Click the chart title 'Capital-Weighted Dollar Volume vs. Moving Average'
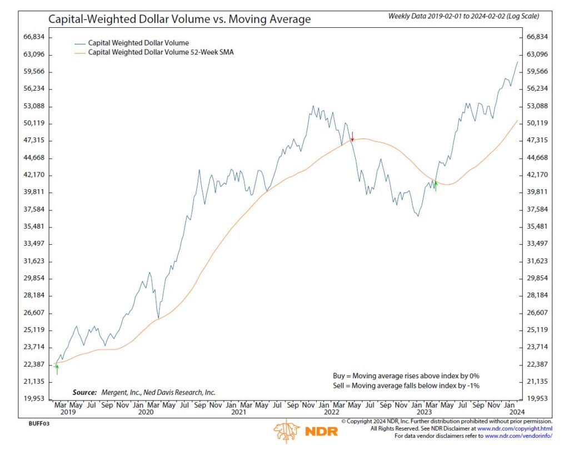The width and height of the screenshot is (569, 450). pos(179,19)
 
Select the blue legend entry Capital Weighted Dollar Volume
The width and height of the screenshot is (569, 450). pos(139,42)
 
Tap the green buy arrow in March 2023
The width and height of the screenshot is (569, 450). pos(436,186)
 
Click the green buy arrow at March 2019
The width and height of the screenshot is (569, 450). pos(57,368)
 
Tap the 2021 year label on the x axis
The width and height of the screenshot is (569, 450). pos(238,413)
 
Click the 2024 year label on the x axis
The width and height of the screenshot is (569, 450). pos(517,413)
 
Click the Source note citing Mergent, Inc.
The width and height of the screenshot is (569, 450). pos(144,392)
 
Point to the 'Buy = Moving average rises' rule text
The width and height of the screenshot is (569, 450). pos(402,376)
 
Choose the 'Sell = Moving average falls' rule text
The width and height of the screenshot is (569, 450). pos(402,385)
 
